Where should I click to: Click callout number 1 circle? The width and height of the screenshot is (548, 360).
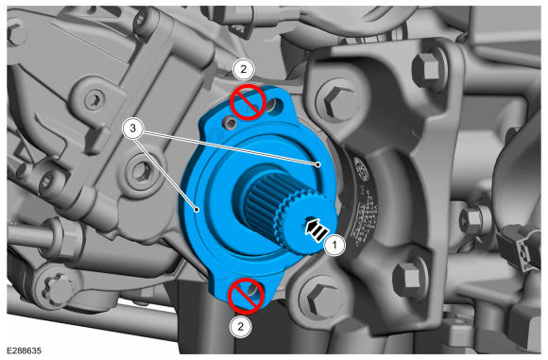tap(334, 245)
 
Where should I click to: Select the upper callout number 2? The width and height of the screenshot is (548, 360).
tap(243, 69)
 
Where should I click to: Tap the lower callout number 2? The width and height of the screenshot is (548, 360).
tap(240, 326)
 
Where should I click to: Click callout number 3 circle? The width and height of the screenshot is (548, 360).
tap(133, 129)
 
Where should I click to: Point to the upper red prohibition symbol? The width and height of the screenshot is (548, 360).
tap(247, 102)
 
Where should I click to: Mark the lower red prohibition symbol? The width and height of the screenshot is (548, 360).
tap(246, 296)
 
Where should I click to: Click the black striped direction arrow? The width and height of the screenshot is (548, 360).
tap(317, 231)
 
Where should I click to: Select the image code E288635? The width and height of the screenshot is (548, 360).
tap(25, 351)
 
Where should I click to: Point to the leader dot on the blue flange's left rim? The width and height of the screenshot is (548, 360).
tap(197, 210)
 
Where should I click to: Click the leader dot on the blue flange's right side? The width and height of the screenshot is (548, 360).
tap(318, 164)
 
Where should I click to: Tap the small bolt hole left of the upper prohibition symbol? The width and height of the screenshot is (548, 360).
tap(230, 122)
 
